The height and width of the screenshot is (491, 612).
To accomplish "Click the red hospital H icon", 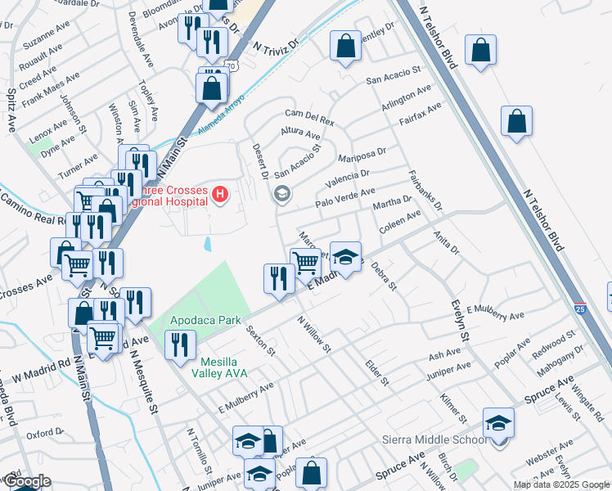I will pos(219,194).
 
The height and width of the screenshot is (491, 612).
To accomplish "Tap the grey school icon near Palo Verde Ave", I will pos(281,194).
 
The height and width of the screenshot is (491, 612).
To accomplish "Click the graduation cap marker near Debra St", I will pos(345,258).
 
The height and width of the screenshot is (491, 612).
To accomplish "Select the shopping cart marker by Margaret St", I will pos(306,263).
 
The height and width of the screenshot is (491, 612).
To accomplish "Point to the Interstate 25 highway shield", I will pos(579,309).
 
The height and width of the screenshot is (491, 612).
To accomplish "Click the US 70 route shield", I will pos(232,66).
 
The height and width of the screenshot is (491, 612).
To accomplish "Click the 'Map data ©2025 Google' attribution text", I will pos(560,484).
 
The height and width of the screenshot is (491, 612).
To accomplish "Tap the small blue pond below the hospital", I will pos(206,244).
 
